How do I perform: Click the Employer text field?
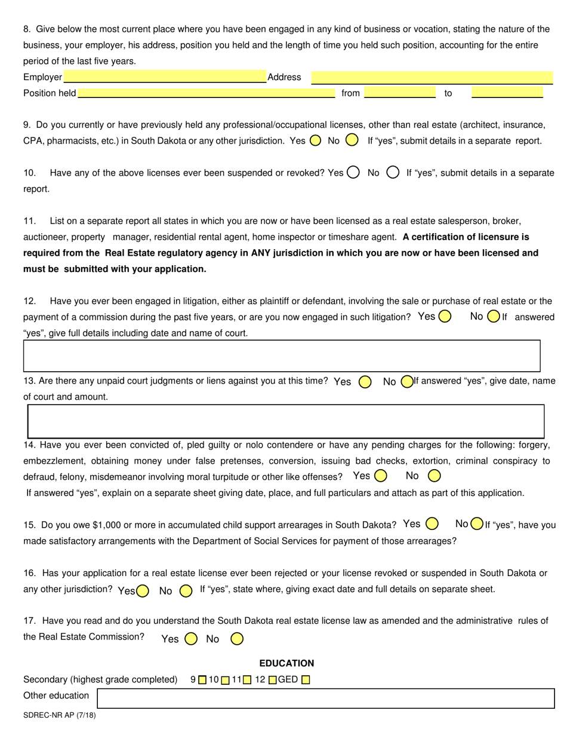pyautogui.click(x=165, y=77)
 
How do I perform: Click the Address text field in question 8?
pyautogui.click(x=432, y=77)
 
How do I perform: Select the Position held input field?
pyautogui.click(x=207, y=93)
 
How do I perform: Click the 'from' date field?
pyautogui.click(x=399, y=93)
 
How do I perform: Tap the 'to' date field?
pyautogui.click(x=507, y=93)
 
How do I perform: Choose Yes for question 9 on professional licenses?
pyautogui.click(x=316, y=140)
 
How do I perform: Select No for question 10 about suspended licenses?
pyautogui.click(x=393, y=173)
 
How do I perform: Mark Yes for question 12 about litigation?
pyautogui.click(x=445, y=317)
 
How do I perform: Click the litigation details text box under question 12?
pyautogui.click(x=282, y=356)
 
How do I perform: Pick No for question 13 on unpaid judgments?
pyautogui.click(x=408, y=381)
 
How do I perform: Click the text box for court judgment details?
pyautogui.click(x=286, y=421)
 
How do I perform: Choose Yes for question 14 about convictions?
pyautogui.click(x=381, y=476)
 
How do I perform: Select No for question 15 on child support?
pyautogui.click(x=477, y=524)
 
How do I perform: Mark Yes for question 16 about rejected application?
pyautogui.click(x=143, y=591)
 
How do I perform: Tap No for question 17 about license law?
pyautogui.click(x=237, y=639)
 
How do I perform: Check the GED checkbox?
pyautogui.click(x=306, y=679)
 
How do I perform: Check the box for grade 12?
pyautogui.click(x=273, y=679)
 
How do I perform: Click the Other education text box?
pyautogui.click(x=326, y=698)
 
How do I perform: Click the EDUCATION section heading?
pyautogui.click(x=286, y=663)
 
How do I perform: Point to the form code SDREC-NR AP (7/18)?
pyautogui.click(x=59, y=715)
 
